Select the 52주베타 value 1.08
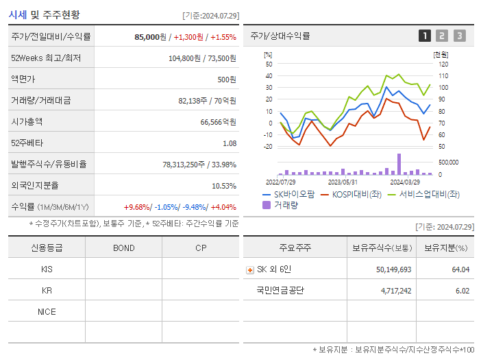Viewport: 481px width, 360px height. tap(230, 143)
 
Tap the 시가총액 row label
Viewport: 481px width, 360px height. tap(27, 121)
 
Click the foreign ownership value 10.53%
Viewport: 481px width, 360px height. tap(224, 186)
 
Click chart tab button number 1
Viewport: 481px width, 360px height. tap(425, 36)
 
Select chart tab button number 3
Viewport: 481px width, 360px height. tap(459, 36)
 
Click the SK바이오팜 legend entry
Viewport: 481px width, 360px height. tap(288, 194)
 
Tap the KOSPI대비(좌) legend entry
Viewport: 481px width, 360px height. tap(351, 194)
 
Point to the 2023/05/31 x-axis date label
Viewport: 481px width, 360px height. tap(343, 182)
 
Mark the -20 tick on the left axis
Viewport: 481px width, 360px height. tap(268, 146)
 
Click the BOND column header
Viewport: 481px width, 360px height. tap(123, 248)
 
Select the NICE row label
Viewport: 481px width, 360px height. tap(47, 311)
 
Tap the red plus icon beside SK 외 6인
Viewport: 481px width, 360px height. tap(250, 269)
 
